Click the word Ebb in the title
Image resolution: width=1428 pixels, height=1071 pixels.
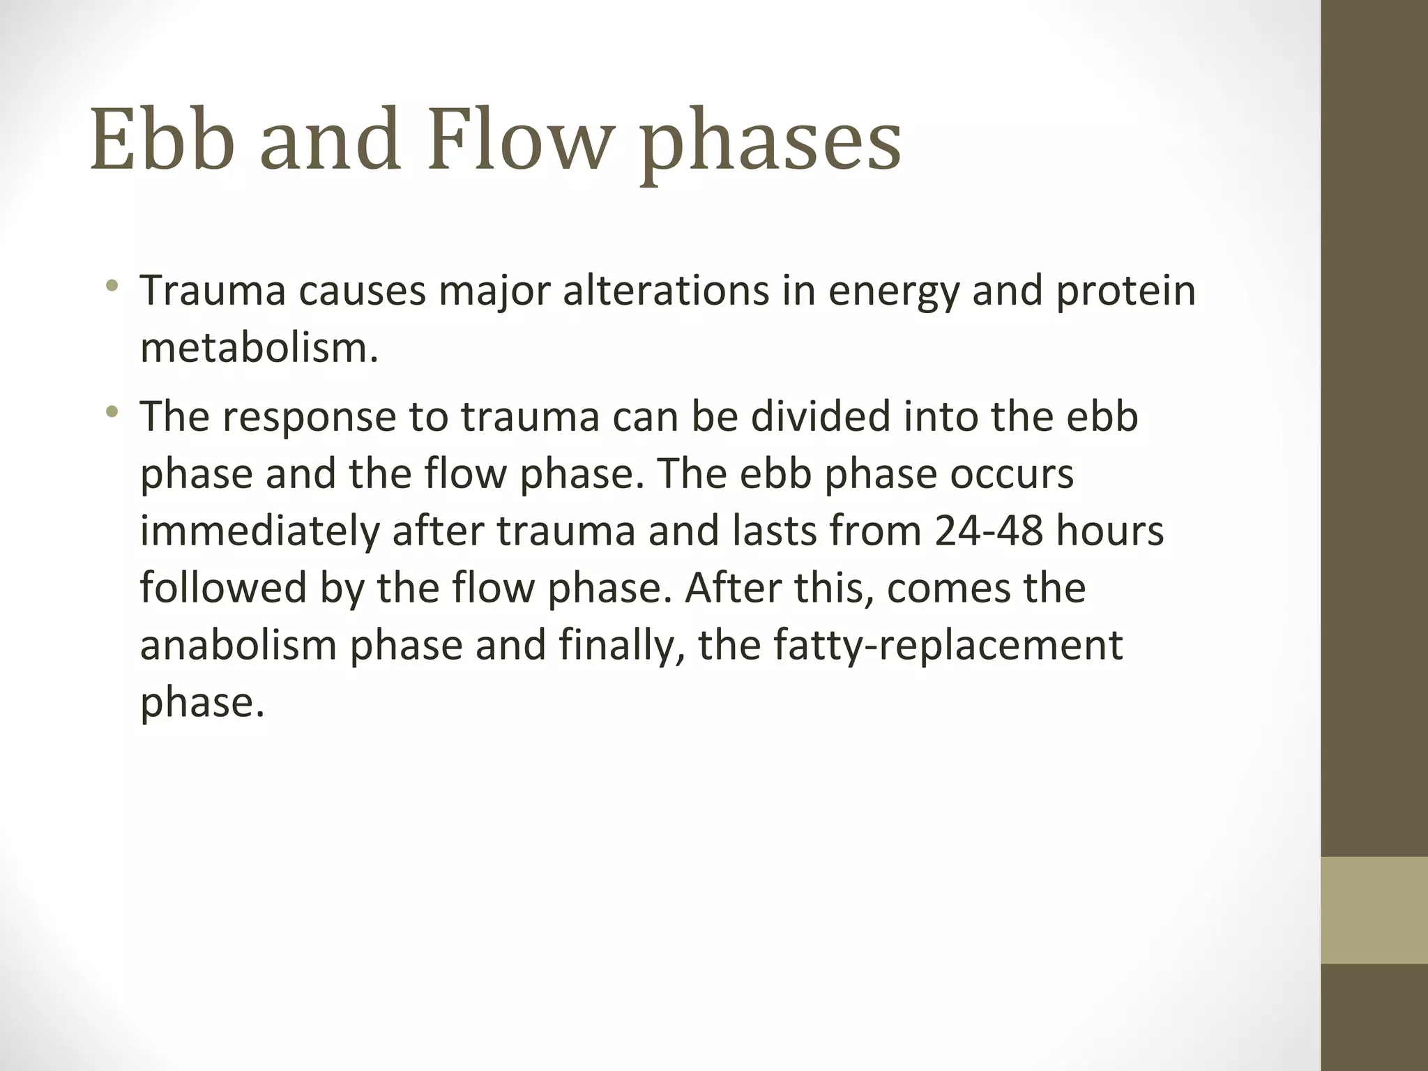click(x=160, y=139)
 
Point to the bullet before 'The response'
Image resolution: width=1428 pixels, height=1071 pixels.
click(x=112, y=411)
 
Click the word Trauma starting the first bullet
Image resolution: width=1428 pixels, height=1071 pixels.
click(x=213, y=291)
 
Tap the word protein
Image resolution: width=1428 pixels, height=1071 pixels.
click(x=1125, y=291)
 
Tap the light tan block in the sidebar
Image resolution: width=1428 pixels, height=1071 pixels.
click(x=1374, y=910)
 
